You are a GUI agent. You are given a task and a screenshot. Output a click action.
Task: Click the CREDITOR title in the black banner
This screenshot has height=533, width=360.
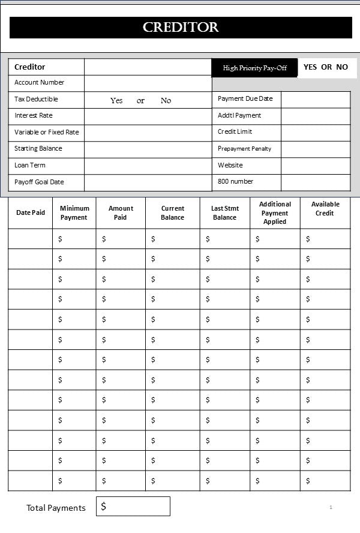(181, 28)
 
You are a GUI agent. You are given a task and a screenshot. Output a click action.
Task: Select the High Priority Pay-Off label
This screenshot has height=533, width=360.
(254, 68)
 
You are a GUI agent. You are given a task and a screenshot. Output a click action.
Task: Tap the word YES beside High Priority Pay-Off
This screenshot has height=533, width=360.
(310, 67)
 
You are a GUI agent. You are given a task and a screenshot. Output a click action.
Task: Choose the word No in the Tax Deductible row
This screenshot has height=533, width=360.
(166, 101)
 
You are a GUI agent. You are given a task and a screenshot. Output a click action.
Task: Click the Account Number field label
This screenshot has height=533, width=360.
(39, 82)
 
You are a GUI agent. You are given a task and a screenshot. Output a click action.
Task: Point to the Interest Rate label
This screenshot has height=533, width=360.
(33, 115)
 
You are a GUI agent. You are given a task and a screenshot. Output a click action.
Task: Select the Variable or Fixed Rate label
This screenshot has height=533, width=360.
(46, 132)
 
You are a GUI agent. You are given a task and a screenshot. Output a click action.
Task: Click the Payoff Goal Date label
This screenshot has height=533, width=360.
(39, 182)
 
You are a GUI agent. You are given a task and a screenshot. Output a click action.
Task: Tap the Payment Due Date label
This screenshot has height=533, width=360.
(245, 98)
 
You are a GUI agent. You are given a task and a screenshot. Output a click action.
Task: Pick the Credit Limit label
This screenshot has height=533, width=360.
(235, 131)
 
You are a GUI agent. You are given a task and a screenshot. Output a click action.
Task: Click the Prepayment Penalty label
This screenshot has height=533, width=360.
(244, 148)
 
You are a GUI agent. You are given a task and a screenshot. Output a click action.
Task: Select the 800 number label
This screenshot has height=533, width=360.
(235, 181)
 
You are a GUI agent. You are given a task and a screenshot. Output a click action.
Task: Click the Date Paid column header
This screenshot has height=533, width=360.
(31, 212)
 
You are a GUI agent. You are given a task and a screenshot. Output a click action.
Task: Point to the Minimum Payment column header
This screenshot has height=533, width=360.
(74, 212)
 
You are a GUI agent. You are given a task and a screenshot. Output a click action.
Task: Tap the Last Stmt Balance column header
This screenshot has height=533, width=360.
(225, 212)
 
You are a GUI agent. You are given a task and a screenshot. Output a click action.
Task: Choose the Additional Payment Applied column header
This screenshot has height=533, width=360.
(275, 212)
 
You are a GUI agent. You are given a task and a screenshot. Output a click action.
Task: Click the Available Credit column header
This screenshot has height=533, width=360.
(325, 208)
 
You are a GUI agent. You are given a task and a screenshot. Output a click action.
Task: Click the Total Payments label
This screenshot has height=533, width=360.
(56, 508)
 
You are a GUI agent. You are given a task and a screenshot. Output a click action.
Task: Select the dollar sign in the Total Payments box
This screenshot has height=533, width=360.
(104, 507)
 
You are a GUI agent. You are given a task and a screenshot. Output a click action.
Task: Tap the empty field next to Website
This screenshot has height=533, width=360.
(315, 166)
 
